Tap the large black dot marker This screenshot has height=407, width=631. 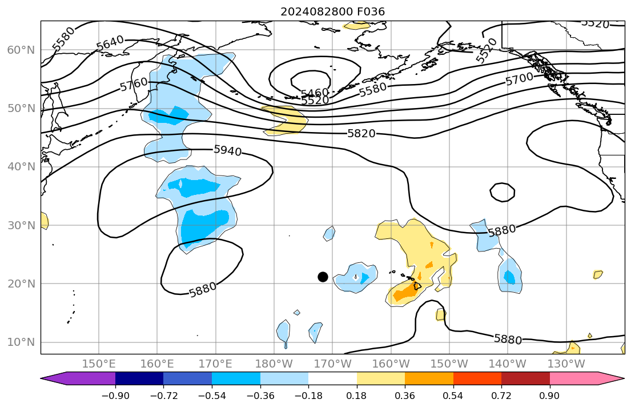click(x=323, y=277)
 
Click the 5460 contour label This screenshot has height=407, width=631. click(x=315, y=93)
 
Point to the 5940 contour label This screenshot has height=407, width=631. click(x=227, y=150)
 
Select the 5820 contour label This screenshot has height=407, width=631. click(x=361, y=134)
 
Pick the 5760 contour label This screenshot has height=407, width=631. click(x=134, y=85)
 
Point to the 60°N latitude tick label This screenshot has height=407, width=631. click(x=21, y=50)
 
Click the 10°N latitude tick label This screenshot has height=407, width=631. click(x=21, y=342)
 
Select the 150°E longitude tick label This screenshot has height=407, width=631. click(x=99, y=364)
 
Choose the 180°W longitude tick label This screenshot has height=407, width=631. click(x=274, y=364)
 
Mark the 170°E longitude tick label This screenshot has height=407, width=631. click(x=216, y=364)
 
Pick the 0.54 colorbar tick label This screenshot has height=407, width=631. click(x=453, y=395)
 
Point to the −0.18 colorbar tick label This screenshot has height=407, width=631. click(x=308, y=395)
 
